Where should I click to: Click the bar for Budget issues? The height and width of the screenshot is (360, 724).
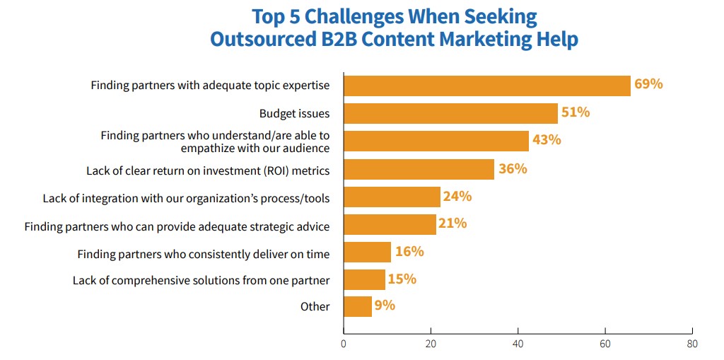tap(450, 113)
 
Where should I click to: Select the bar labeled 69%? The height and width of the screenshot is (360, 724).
tap(486, 86)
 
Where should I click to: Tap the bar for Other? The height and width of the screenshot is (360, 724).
tap(358, 306)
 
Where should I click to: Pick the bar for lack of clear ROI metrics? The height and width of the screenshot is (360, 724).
tap(419, 169)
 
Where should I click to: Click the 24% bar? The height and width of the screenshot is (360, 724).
tap(392, 197)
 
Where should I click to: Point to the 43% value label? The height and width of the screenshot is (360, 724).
tap(547, 140)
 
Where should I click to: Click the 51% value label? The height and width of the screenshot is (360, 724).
tap(576, 112)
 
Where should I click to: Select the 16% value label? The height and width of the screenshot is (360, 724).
tap(409, 251)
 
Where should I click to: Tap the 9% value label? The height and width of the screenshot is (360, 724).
tap(385, 306)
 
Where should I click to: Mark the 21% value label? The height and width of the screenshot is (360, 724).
tap(452, 223)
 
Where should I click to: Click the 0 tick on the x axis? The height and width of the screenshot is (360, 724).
tap(344, 344)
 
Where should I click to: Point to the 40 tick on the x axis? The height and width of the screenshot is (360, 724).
tap(518, 344)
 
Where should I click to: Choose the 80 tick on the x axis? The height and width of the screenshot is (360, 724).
tap(692, 344)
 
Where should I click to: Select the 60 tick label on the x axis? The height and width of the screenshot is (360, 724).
tap(605, 344)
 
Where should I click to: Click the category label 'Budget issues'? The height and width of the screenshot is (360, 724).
tap(294, 113)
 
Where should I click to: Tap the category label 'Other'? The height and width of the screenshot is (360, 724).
tap(315, 306)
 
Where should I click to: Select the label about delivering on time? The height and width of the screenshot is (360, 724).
tap(204, 254)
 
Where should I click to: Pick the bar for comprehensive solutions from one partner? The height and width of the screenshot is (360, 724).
tap(364, 279)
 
